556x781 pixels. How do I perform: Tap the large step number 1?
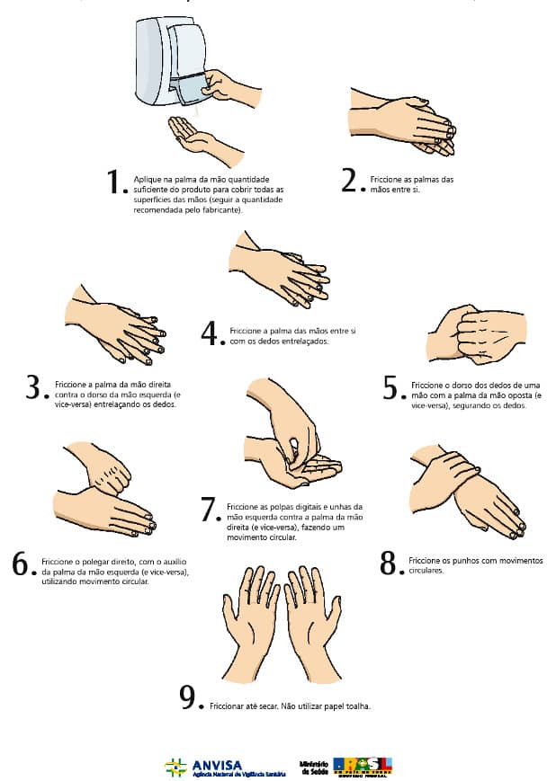click(114, 182)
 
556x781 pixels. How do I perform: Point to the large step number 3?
click(35, 388)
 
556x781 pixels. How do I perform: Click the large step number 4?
click(211, 333)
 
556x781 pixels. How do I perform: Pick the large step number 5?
click(390, 387)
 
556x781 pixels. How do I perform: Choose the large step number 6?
click(22, 564)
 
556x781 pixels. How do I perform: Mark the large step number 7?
click(210, 510)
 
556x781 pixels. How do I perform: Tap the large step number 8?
click(389, 563)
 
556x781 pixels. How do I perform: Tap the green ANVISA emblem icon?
click(175, 767)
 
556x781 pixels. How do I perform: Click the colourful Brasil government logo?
click(363, 766)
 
